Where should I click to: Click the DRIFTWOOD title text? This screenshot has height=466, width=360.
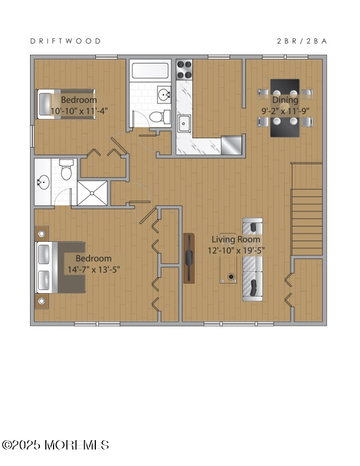coord(65,41)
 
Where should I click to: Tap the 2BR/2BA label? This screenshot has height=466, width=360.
coord(302,41)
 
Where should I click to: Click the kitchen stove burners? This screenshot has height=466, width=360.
coord(185,70)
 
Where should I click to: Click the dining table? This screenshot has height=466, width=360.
coord(285,108)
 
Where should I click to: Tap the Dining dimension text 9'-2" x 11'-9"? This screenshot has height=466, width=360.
coord(285,109)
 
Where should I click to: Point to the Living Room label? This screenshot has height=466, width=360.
coord(236,239)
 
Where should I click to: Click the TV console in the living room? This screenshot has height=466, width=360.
coord(189,258)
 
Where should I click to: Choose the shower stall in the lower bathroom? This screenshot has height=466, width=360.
coord(93,192)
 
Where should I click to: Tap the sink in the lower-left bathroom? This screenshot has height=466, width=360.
coord(43,182)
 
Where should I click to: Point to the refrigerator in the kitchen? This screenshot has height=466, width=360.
coord(232,144)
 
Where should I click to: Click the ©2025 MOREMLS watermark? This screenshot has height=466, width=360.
coord(55,445)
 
